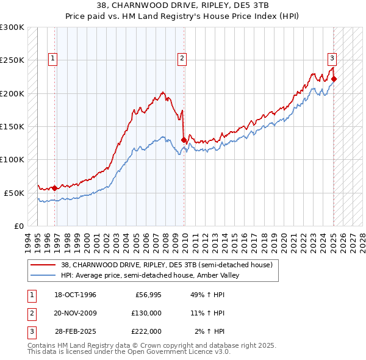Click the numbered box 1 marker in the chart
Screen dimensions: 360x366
click(54, 59)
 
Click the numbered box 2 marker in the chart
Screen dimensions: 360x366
click(182, 59)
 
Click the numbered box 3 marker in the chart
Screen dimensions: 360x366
click(332, 59)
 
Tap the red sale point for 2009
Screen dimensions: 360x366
click(184, 140)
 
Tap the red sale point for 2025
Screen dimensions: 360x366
click(334, 79)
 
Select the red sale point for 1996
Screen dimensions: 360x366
click(55, 188)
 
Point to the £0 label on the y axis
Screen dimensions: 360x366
click(18, 226)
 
